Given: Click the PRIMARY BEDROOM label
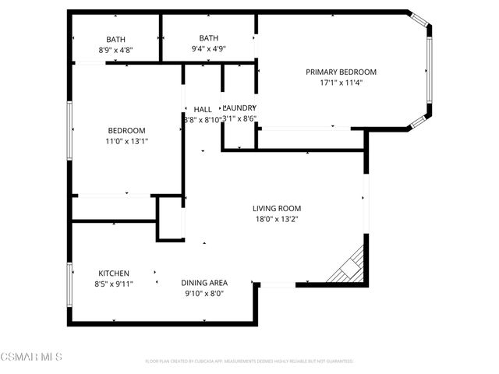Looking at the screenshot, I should [341, 72].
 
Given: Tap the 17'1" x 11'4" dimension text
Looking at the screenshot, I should [341, 82].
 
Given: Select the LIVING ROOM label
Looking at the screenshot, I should [276, 208].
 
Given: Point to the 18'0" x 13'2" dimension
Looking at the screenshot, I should [276, 219].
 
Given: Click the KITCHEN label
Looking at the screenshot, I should [114, 273].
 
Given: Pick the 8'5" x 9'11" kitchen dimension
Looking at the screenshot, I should [114, 284].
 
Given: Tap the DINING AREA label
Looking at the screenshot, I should [204, 283].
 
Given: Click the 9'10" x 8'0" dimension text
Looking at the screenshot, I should [204, 294].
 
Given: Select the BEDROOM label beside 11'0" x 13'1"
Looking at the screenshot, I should [126, 130].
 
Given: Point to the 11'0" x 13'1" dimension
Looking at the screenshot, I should [126, 141].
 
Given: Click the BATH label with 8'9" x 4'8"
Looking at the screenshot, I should [116, 39].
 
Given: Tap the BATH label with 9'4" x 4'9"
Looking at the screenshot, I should [208, 38].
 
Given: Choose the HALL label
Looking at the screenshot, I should [203, 109].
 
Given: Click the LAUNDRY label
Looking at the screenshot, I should [239, 108].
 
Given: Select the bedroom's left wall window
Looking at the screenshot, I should [69, 130].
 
